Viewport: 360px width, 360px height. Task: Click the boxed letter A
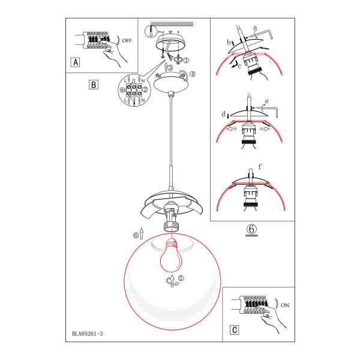tap(76, 62)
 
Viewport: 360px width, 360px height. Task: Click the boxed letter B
tap(94, 85)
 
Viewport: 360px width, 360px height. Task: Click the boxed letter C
tap(235, 330)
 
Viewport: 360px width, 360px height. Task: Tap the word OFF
tap(127, 41)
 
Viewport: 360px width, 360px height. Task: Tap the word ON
tap(285, 305)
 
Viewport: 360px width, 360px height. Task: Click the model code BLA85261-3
tap(88, 334)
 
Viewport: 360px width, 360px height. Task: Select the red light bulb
tap(170, 255)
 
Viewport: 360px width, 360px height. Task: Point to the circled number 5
tap(181, 278)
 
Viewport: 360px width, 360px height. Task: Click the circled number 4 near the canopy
tap(193, 74)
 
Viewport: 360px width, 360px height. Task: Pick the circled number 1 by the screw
tap(186, 61)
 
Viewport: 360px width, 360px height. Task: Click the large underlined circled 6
tap(251, 229)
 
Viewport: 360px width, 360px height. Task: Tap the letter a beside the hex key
tap(255, 28)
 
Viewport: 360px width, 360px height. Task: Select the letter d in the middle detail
tap(223, 114)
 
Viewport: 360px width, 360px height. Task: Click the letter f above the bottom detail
tap(260, 167)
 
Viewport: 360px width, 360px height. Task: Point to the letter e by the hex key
tap(266, 101)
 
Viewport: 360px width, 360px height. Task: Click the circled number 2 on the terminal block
tap(145, 89)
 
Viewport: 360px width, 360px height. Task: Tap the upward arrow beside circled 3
tap(166, 67)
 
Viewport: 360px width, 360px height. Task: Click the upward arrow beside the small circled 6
tap(142, 233)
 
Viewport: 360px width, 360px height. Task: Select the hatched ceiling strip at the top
tap(172, 23)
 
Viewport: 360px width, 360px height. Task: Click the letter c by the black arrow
tap(239, 67)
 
